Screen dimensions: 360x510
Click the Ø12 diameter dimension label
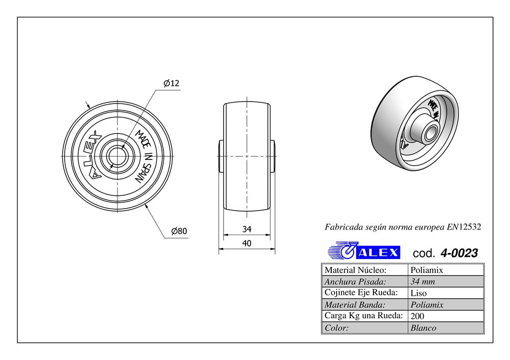tap(171, 83)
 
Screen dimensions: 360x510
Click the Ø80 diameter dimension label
tap(178, 231)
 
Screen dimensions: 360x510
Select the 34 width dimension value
tap(247, 230)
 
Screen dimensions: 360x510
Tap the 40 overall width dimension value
tap(247, 243)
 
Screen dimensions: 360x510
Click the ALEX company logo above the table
tap(364, 252)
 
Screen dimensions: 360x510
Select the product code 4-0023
tap(459, 253)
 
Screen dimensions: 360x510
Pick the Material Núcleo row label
tap(356, 270)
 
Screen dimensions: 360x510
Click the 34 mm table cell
tap(422, 281)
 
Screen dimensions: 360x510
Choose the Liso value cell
tap(418, 293)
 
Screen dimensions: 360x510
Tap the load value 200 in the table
tap(417, 316)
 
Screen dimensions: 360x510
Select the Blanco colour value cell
tap(423, 328)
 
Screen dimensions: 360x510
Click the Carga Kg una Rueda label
tap(364, 316)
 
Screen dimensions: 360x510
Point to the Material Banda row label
tap(355, 304)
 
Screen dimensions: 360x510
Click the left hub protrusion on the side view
tap(221, 156)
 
